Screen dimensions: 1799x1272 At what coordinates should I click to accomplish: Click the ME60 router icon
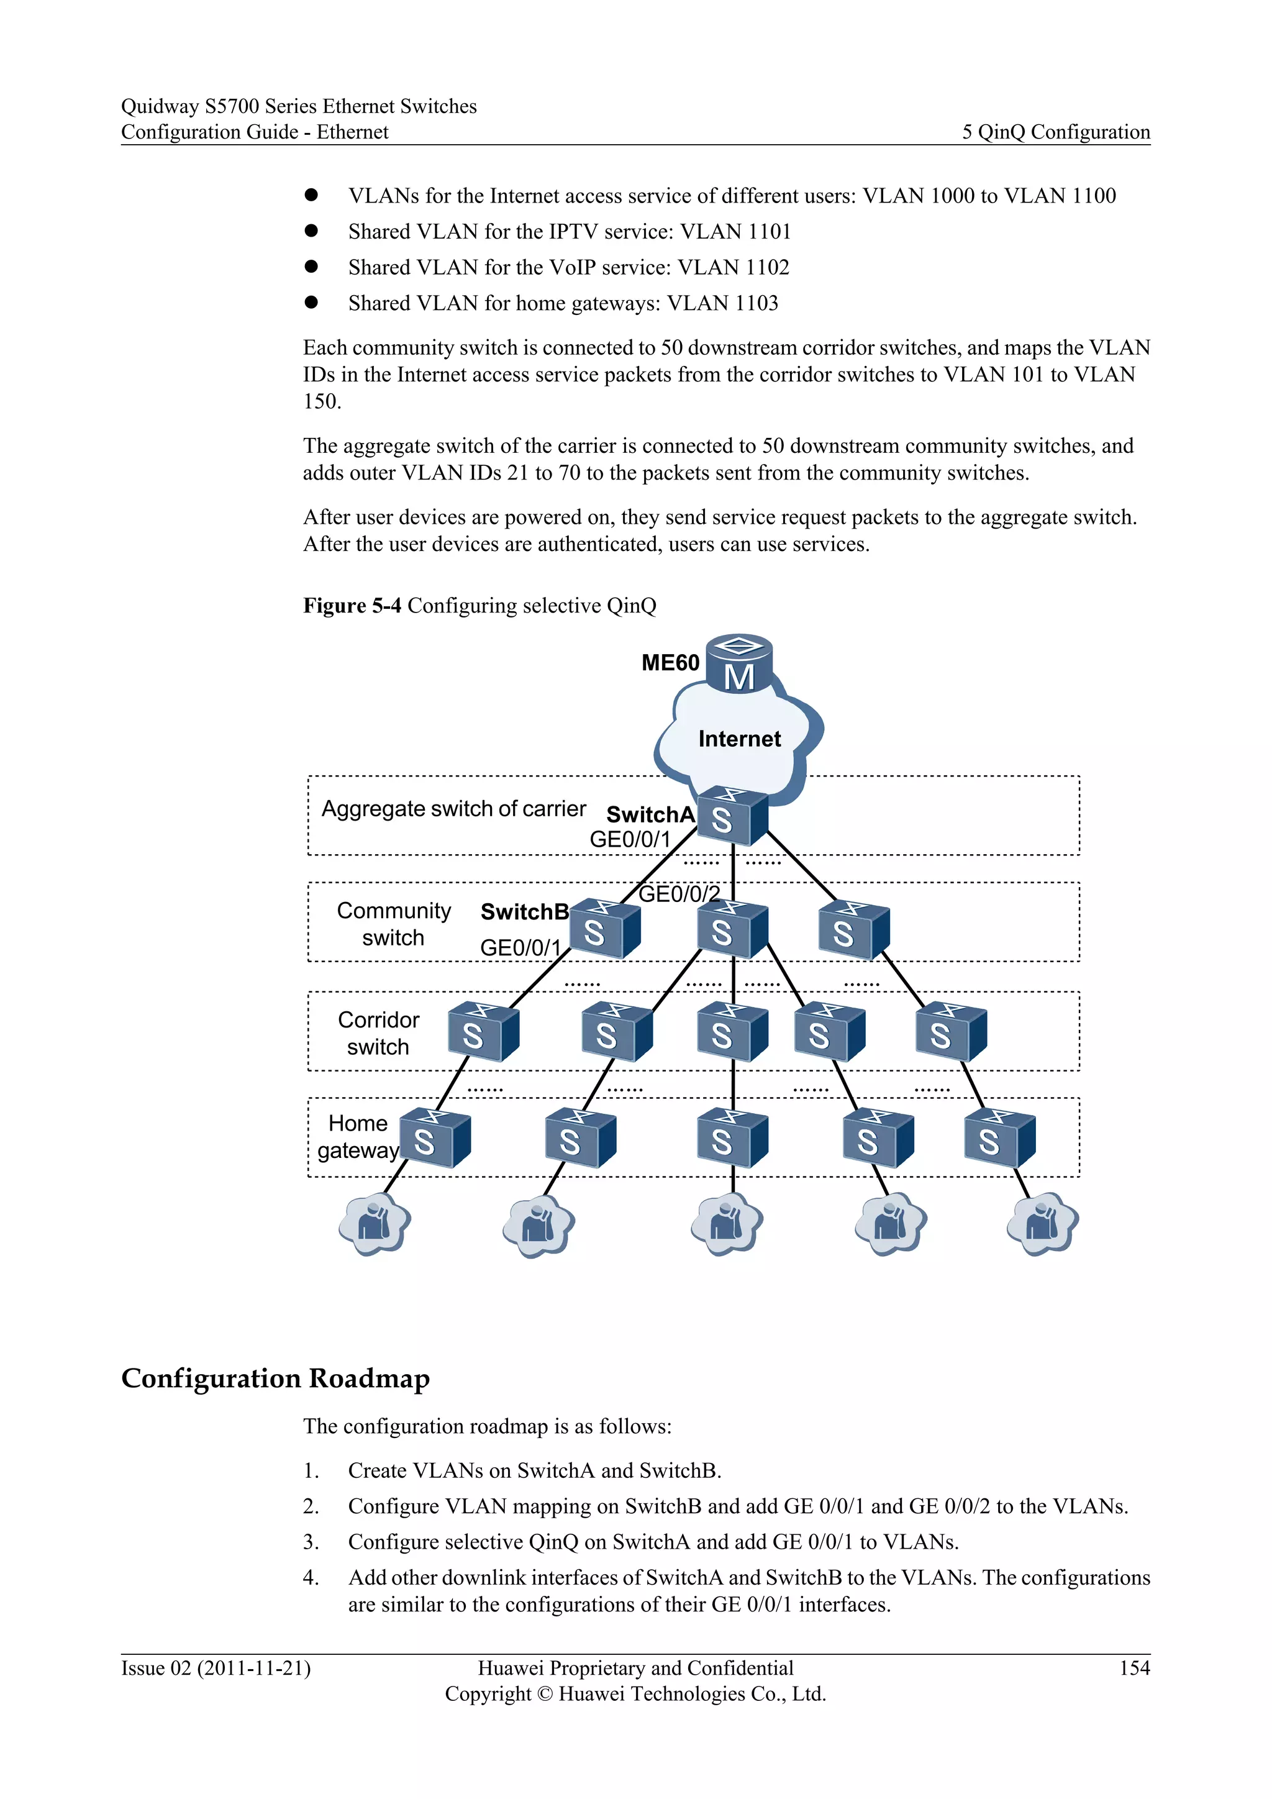738,663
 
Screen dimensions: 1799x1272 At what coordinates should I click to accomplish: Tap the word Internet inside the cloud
738,739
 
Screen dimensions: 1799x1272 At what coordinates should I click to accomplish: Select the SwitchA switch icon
732,816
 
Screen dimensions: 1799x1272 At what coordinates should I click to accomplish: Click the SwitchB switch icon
604,929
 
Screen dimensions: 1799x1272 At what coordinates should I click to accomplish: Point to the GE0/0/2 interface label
679,894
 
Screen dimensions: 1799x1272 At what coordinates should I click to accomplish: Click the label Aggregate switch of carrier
453,809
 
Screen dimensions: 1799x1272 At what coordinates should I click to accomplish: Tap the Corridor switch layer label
378,1032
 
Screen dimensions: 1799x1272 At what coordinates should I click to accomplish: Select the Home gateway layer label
358,1137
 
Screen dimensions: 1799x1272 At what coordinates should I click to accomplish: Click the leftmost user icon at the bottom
375,1223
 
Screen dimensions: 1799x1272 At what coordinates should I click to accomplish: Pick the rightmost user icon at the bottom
1043,1223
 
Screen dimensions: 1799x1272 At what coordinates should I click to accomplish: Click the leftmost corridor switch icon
483,1032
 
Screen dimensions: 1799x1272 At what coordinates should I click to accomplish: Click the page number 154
1134,1667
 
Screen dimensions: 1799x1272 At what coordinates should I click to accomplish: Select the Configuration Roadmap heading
275,1378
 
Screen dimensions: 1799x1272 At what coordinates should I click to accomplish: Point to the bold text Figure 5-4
352,606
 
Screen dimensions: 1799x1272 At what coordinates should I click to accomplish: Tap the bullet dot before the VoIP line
311,266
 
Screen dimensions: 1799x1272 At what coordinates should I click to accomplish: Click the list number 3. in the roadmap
311,1542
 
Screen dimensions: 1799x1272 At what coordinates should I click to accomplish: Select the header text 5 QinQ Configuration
1055,132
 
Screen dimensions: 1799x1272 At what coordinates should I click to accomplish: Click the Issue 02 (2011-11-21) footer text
216,1668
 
